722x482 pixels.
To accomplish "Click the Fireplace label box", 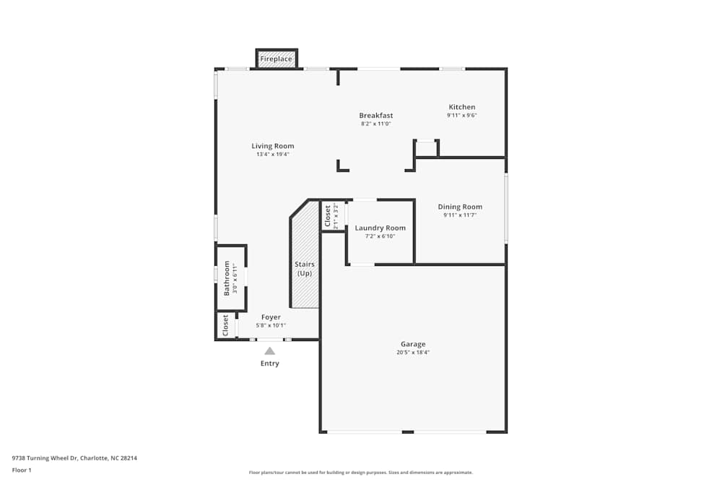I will click(277, 59).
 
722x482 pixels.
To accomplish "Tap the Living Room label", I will click(273, 146).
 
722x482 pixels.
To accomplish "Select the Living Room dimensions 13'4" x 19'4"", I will click(273, 155).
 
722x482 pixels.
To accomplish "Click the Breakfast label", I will click(376, 116).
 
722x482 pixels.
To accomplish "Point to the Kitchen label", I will click(462, 107).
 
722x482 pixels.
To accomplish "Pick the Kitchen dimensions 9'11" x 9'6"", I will click(462, 116).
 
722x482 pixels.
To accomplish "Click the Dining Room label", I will click(460, 207).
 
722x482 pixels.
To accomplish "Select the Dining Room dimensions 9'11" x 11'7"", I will click(460, 215).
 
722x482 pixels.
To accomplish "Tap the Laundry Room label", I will click(380, 228).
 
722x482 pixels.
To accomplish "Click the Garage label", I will click(413, 344).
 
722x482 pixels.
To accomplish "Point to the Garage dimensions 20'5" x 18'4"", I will click(413, 353).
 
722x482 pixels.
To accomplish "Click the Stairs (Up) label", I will click(305, 269).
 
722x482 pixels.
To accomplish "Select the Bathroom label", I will click(227, 278).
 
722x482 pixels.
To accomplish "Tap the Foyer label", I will click(271, 317).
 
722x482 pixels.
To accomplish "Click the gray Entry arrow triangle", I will click(269, 351).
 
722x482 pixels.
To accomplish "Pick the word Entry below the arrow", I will click(269, 363).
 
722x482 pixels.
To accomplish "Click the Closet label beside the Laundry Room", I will click(328, 216).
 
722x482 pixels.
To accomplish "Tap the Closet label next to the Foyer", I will click(226, 325).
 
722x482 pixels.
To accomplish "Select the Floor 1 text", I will click(22, 470).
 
